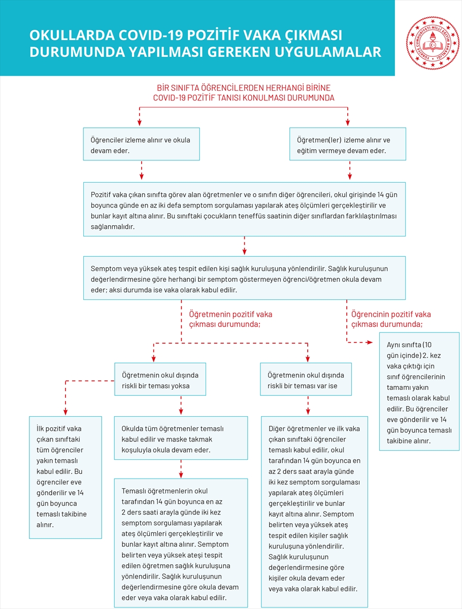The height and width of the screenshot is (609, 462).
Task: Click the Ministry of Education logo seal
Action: [432, 43]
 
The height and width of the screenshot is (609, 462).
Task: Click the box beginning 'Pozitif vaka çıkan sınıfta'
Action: [244, 209]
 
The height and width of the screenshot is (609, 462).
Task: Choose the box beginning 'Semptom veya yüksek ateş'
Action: [244, 279]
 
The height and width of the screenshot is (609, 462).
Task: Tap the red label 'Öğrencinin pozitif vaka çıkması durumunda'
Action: [390, 319]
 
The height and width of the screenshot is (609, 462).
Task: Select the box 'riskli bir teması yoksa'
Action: [160, 379]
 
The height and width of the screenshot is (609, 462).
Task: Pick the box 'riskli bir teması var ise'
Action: [306, 379]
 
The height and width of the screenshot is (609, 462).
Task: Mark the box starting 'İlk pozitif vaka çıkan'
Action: [65, 477]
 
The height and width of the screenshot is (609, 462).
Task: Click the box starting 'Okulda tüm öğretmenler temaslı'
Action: [181, 438]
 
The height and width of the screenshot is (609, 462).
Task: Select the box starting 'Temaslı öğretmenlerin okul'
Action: [181, 542]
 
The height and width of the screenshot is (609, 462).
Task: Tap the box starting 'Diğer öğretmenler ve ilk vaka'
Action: [314, 512]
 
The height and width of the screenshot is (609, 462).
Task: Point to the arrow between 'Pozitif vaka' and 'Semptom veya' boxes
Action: [244, 246]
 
